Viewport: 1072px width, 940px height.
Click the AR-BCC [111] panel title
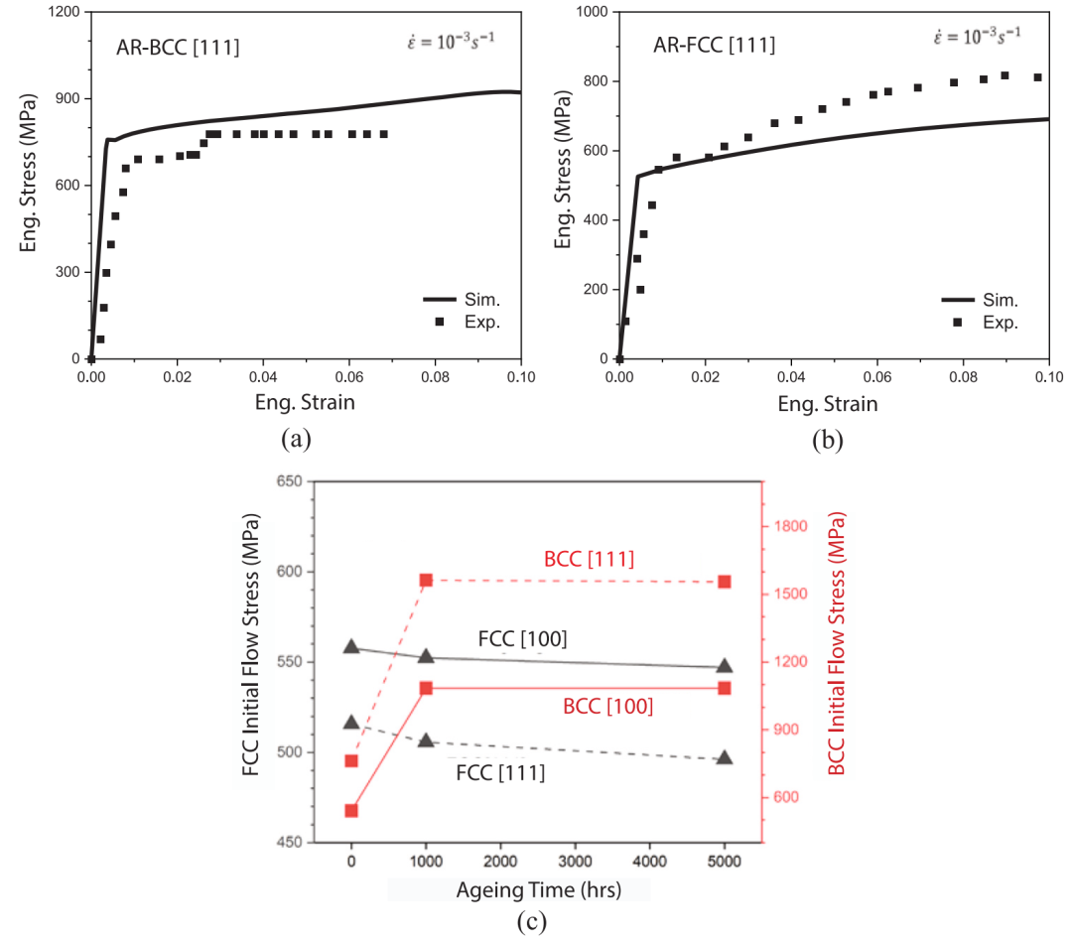click(x=178, y=47)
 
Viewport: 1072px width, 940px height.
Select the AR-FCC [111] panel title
click(x=714, y=45)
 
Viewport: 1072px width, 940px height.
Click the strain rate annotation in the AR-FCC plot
click(x=977, y=38)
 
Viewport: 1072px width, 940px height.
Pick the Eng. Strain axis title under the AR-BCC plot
click(x=305, y=403)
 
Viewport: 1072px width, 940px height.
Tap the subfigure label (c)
click(x=532, y=921)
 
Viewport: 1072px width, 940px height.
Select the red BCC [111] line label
click(x=589, y=560)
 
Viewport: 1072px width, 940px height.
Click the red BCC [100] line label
click(x=607, y=707)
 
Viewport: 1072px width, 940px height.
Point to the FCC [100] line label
click(x=522, y=639)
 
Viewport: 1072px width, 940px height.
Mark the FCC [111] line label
click(x=500, y=771)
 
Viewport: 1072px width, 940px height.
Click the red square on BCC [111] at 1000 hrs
click(x=426, y=581)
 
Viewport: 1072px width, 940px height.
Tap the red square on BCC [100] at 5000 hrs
click(x=725, y=688)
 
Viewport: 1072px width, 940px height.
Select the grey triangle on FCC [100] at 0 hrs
click(x=351, y=647)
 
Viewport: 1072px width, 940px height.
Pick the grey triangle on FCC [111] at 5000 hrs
click(x=725, y=758)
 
